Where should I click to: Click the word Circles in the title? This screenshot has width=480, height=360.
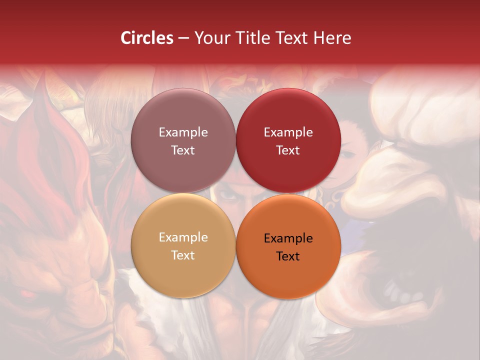[146, 38]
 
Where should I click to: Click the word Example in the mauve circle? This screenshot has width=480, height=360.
[183, 132]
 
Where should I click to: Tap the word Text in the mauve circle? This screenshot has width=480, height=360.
[183, 150]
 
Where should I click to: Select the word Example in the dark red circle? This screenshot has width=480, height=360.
[288, 132]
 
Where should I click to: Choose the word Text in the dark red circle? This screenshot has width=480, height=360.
[288, 150]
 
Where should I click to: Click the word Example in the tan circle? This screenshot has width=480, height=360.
[183, 237]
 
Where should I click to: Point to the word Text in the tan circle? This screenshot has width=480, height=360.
[183, 255]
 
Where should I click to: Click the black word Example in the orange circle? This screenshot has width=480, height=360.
[288, 238]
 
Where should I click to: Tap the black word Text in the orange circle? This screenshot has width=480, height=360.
[288, 256]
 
